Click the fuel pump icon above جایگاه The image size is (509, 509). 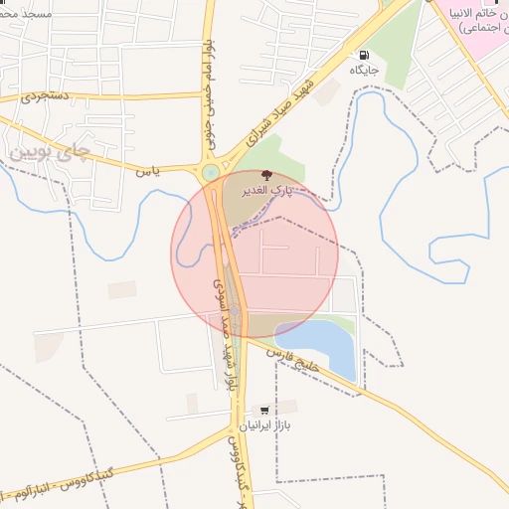[x=363, y=56]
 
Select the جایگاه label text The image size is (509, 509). [x=363, y=71]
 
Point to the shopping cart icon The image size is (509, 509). [x=263, y=410]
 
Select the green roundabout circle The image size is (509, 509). [x=211, y=173]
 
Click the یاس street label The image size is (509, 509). [x=148, y=171]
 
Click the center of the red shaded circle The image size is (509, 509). [x=254, y=254]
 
